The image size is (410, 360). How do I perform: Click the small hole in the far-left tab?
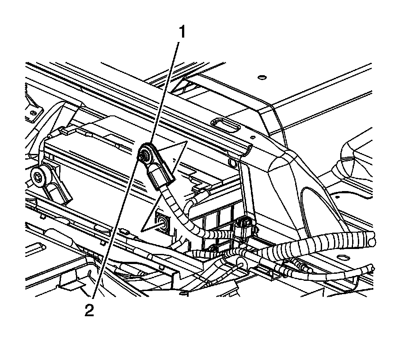[x=32, y=114]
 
